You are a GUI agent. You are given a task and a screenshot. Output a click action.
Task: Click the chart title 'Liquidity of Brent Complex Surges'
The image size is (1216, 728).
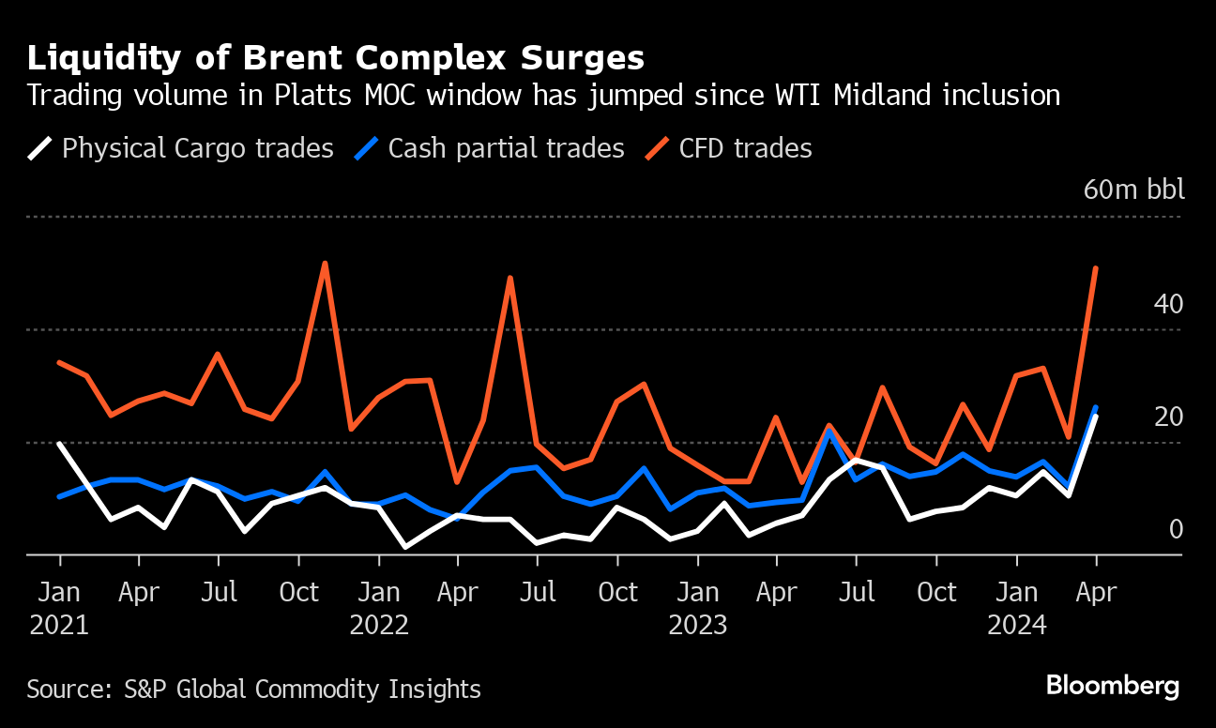pos(336,58)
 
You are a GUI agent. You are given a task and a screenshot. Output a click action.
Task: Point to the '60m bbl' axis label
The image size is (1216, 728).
pos(1133,190)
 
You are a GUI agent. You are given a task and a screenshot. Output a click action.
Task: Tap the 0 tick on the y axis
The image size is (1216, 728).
pos(1175,529)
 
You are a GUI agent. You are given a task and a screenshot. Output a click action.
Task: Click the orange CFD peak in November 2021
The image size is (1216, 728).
pos(325,263)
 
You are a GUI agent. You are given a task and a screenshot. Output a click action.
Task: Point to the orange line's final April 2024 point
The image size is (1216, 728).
pos(1096,268)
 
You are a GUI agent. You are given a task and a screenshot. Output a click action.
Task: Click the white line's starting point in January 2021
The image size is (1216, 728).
pos(60,444)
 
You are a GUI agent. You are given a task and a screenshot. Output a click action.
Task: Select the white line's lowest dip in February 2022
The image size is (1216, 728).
pos(405,546)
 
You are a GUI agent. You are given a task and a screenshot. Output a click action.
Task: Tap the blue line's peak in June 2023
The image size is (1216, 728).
pos(829,431)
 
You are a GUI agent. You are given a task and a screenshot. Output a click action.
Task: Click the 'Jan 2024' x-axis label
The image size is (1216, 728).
pos(1016,608)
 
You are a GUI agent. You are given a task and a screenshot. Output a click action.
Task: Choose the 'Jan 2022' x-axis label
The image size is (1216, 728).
pos(379,608)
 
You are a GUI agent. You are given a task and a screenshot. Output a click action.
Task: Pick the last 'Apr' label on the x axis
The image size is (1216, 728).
pos(1096,593)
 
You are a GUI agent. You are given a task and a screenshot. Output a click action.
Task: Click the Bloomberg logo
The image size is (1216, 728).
pos(1113,686)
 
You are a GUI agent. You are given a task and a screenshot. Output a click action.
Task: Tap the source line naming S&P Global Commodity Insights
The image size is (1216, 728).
pos(253,690)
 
